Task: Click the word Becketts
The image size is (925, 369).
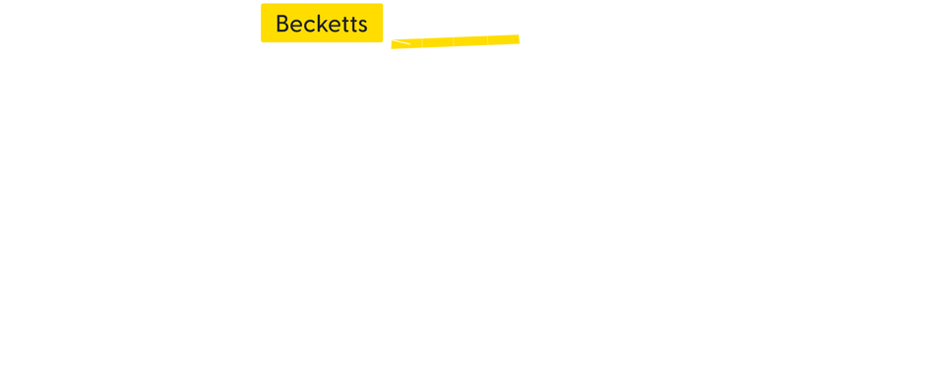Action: (x=322, y=24)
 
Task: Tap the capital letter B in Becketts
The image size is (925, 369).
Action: (x=283, y=24)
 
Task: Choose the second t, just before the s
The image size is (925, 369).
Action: (x=354, y=25)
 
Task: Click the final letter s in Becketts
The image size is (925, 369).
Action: (x=363, y=26)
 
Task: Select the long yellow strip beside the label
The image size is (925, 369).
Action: (x=455, y=40)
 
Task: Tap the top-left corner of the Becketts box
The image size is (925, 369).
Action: (x=262, y=5)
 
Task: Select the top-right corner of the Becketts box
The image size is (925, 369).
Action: (x=382, y=5)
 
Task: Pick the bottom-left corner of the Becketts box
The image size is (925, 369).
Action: (x=262, y=41)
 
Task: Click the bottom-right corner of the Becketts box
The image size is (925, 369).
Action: (x=382, y=41)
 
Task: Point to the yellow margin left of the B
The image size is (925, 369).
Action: (x=268, y=24)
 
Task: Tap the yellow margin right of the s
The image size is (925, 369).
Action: (x=376, y=24)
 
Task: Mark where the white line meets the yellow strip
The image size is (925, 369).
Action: (x=408, y=43)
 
